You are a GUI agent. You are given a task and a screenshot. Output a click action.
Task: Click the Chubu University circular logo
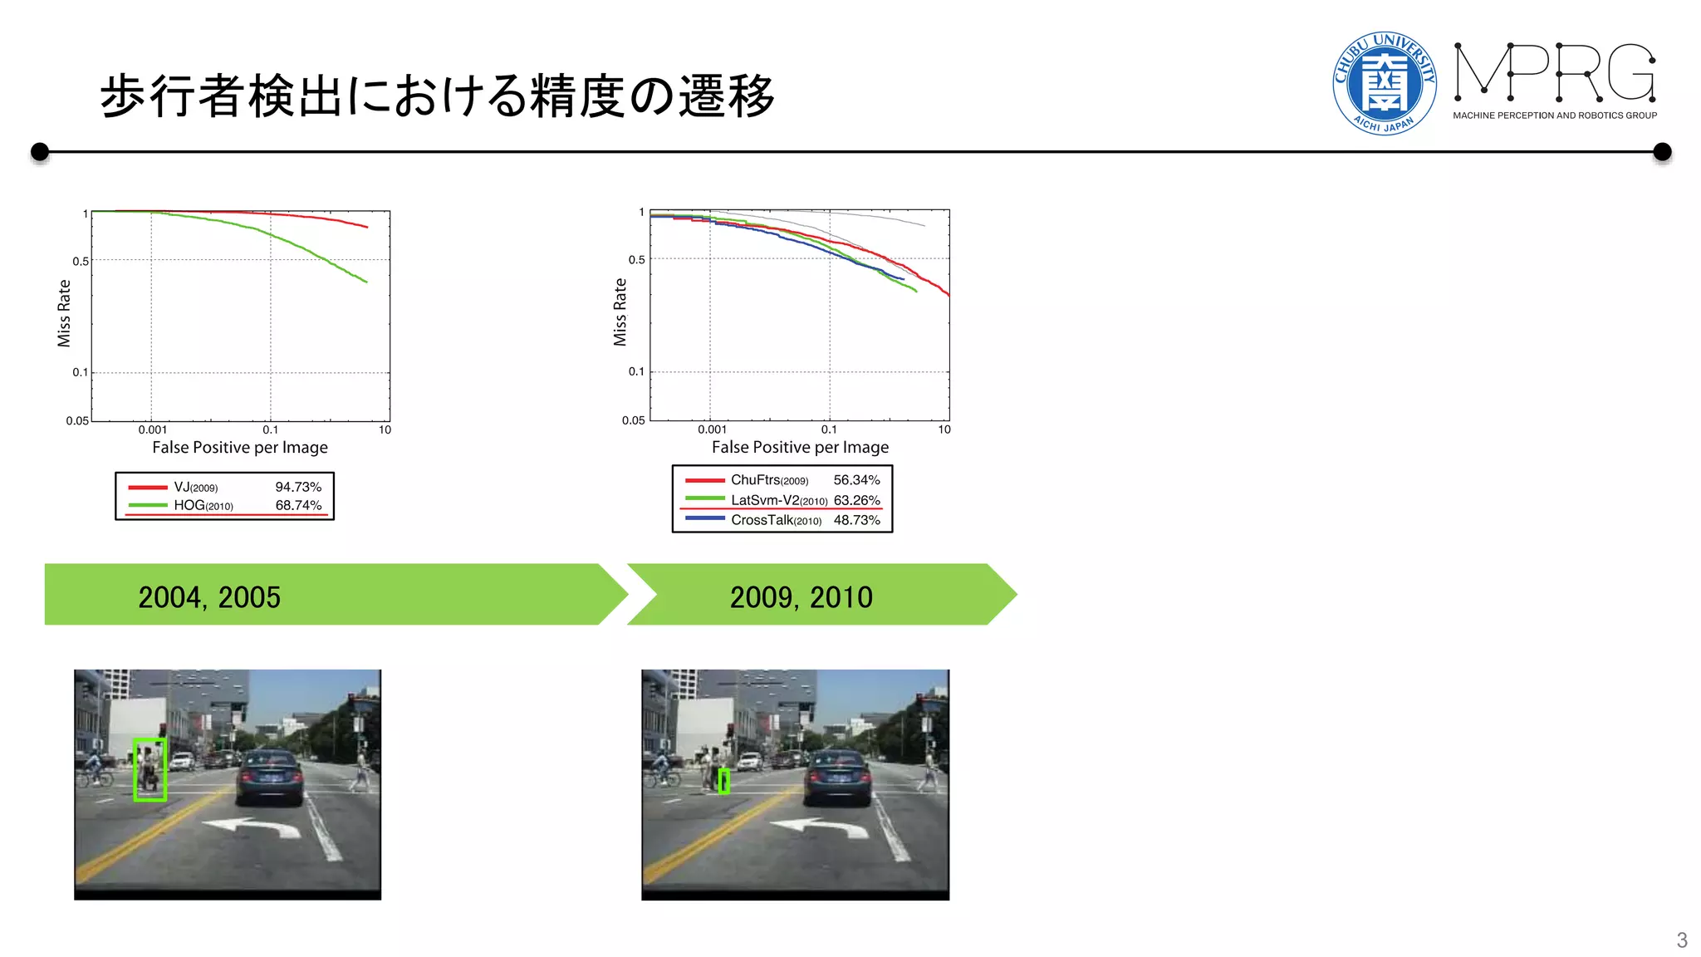point(1384,83)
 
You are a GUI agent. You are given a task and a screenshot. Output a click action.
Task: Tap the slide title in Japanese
point(437,96)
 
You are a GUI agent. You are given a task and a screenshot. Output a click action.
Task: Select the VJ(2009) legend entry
point(195,488)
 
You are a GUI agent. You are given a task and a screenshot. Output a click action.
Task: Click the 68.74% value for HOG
point(298,505)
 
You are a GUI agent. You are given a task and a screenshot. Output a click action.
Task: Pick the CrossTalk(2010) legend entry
point(776,520)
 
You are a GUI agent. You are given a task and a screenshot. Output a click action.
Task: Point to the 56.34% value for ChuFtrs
point(856,480)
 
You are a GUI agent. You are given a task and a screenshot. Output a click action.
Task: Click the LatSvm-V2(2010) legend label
point(778,500)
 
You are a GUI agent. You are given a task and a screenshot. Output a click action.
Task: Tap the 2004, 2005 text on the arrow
point(209,597)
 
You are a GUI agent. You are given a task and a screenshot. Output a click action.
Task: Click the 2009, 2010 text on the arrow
point(801,597)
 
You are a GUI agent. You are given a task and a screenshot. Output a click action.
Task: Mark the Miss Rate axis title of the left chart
point(64,312)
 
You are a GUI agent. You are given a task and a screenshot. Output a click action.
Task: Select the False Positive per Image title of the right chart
point(800,447)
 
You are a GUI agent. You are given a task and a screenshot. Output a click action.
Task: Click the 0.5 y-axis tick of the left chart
point(81,261)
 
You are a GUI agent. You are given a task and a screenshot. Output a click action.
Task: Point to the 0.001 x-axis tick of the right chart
point(712,429)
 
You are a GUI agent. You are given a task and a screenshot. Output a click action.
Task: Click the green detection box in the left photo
point(150,769)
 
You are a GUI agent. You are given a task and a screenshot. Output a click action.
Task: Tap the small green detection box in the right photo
point(724,781)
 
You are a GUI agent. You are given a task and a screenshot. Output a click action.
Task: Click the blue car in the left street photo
point(270,777)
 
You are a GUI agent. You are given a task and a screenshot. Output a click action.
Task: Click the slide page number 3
point(1681,940)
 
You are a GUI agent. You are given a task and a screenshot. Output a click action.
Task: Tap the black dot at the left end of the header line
point(39,152)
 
